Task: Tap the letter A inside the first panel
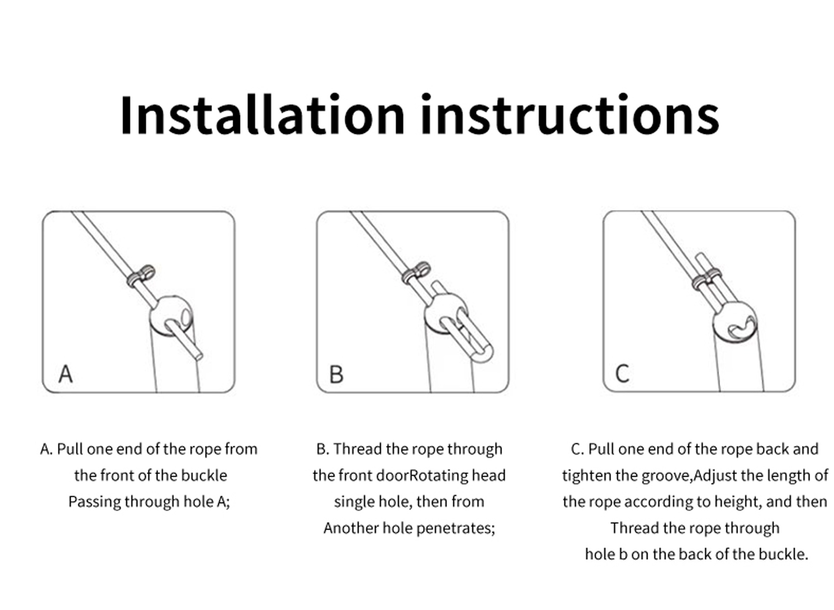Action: pos(66,374)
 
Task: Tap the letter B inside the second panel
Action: pos(336,374)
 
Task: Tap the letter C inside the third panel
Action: pos(622,373)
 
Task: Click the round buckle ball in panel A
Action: pos(171,316)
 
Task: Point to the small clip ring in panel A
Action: pos(141,276)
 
